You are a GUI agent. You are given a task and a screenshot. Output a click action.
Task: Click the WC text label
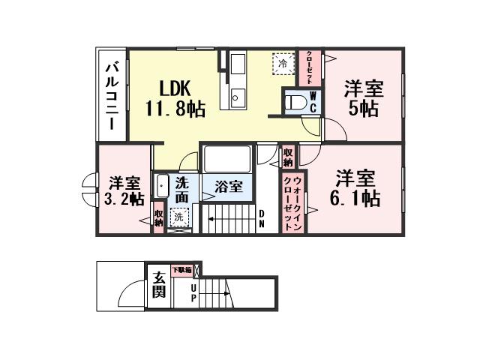(313, 103)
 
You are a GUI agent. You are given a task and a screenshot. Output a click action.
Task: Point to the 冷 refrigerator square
(283, 64)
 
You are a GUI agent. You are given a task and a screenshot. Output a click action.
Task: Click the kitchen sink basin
(237, 96)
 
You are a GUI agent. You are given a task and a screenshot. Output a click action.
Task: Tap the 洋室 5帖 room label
(364, 98)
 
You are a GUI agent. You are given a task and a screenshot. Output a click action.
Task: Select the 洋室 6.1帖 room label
(356, 189)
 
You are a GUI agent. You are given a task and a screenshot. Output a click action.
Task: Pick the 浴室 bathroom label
(229, 186)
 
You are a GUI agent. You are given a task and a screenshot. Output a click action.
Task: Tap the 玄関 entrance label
(158, 285)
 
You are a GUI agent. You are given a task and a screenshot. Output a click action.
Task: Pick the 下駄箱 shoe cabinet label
(182, 268)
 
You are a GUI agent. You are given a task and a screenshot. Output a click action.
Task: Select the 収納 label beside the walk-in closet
(289, 157)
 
